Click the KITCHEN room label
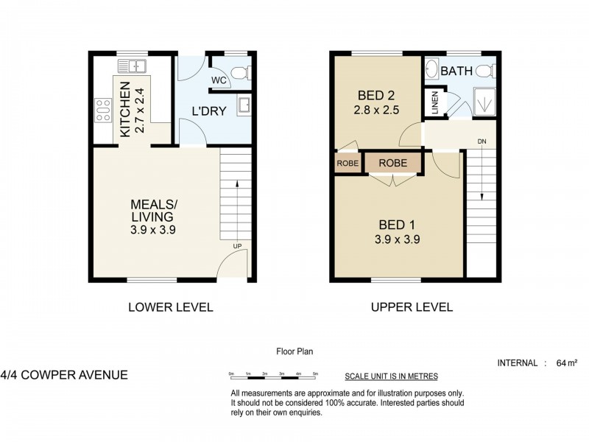(x=124, y=108)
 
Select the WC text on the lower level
(x=219, y=80)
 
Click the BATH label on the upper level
(x=458, y=72)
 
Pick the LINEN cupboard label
(x=434, y=102)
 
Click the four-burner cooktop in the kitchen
(x=103, y=110)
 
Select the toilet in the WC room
(x=240, y=72)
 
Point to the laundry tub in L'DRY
(x=244, y=106)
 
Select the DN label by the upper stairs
(x=482, y=141)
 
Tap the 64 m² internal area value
(x=567, y=363)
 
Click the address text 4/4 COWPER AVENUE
(x=64, y=375)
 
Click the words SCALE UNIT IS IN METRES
(x=391, y=376)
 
